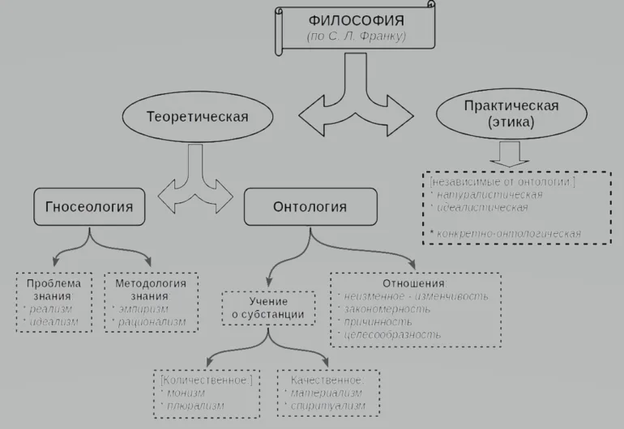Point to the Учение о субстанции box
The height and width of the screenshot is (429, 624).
(x=264, y=307)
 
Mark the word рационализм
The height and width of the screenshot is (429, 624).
(x=152, y=322)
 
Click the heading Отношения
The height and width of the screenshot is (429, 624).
(x=416, y=283)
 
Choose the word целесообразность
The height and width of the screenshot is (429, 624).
(x=395, y=333)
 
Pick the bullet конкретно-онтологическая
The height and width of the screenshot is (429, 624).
(x=509, y=233)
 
